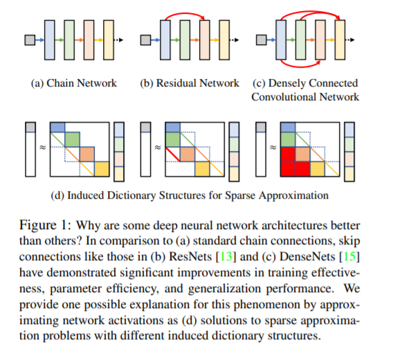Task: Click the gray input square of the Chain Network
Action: point(30,40)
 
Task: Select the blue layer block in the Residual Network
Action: point(165,40)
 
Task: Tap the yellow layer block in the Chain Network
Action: point(109,40)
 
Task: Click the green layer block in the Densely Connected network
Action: point(300,40)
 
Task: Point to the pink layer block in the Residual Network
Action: point(205,40)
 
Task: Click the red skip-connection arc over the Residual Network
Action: point(185,14)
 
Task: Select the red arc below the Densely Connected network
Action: point(300,66)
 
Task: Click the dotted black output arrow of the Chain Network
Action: point(118,40)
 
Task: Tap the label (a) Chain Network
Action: point(74,83)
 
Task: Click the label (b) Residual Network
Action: point(190,83)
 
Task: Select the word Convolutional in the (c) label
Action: point(284,97)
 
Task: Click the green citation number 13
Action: point(226,256)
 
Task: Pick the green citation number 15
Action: point(349,256)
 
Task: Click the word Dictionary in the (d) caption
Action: point(131,195)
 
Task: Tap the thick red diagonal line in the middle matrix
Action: point(173,154)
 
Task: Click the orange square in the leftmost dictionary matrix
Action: point(87,154)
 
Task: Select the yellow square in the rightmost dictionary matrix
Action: point(318,169)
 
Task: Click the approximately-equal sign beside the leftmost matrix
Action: point(43,147)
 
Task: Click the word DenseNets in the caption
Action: point(307,256)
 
